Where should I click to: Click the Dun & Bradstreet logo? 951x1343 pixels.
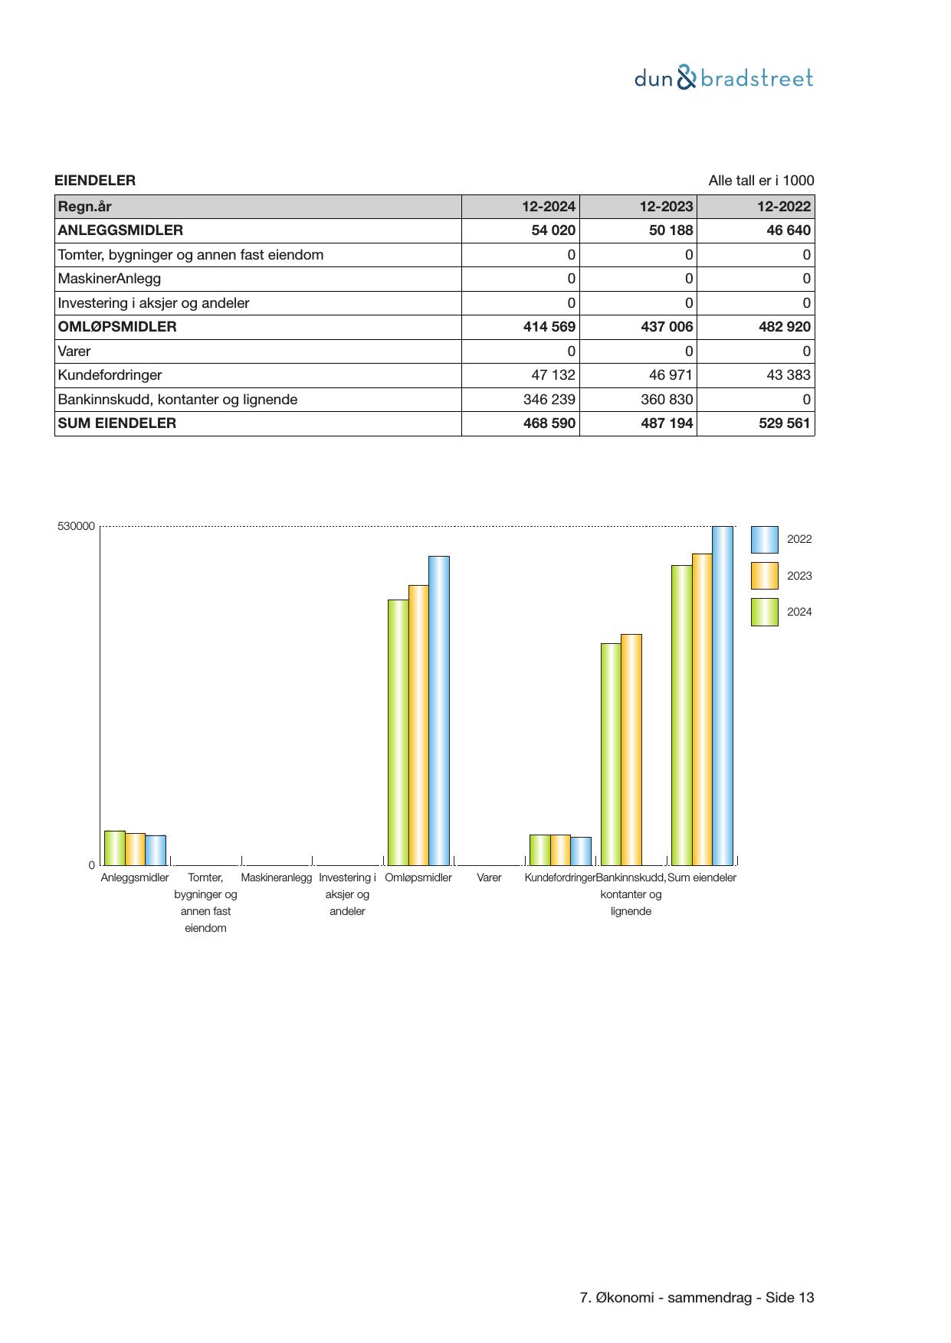pos(723,78)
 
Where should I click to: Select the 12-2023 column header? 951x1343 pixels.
pos(666,207)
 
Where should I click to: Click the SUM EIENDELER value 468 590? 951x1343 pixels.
pos(549,423)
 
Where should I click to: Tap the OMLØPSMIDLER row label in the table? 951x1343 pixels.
pos(117,327)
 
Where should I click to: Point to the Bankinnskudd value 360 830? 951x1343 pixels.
pos(667,400)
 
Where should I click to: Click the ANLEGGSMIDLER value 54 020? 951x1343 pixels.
pos(553,230)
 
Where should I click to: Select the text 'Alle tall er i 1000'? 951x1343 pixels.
pos(761,181)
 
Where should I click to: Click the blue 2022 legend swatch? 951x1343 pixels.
pos(764,540)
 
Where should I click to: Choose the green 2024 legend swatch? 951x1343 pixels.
pos(764,613)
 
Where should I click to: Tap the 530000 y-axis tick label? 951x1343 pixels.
pos(76,527)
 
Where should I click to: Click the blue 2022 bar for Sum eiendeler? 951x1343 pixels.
pos(723,695)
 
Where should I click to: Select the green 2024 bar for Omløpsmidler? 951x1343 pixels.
pos(398,732)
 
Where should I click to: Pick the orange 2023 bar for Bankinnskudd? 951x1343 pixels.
pos(631,749)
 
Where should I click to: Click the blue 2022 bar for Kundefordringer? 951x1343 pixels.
pos(581,851)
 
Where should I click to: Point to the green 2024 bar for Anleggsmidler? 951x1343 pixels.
pos(115,848)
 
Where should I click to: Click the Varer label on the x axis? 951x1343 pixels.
pos(489,878)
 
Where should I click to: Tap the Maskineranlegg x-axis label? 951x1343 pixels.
pos(277,878)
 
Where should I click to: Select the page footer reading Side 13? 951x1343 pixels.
pos(697,1298)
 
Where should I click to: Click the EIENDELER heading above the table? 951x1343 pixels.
pos(95,181)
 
